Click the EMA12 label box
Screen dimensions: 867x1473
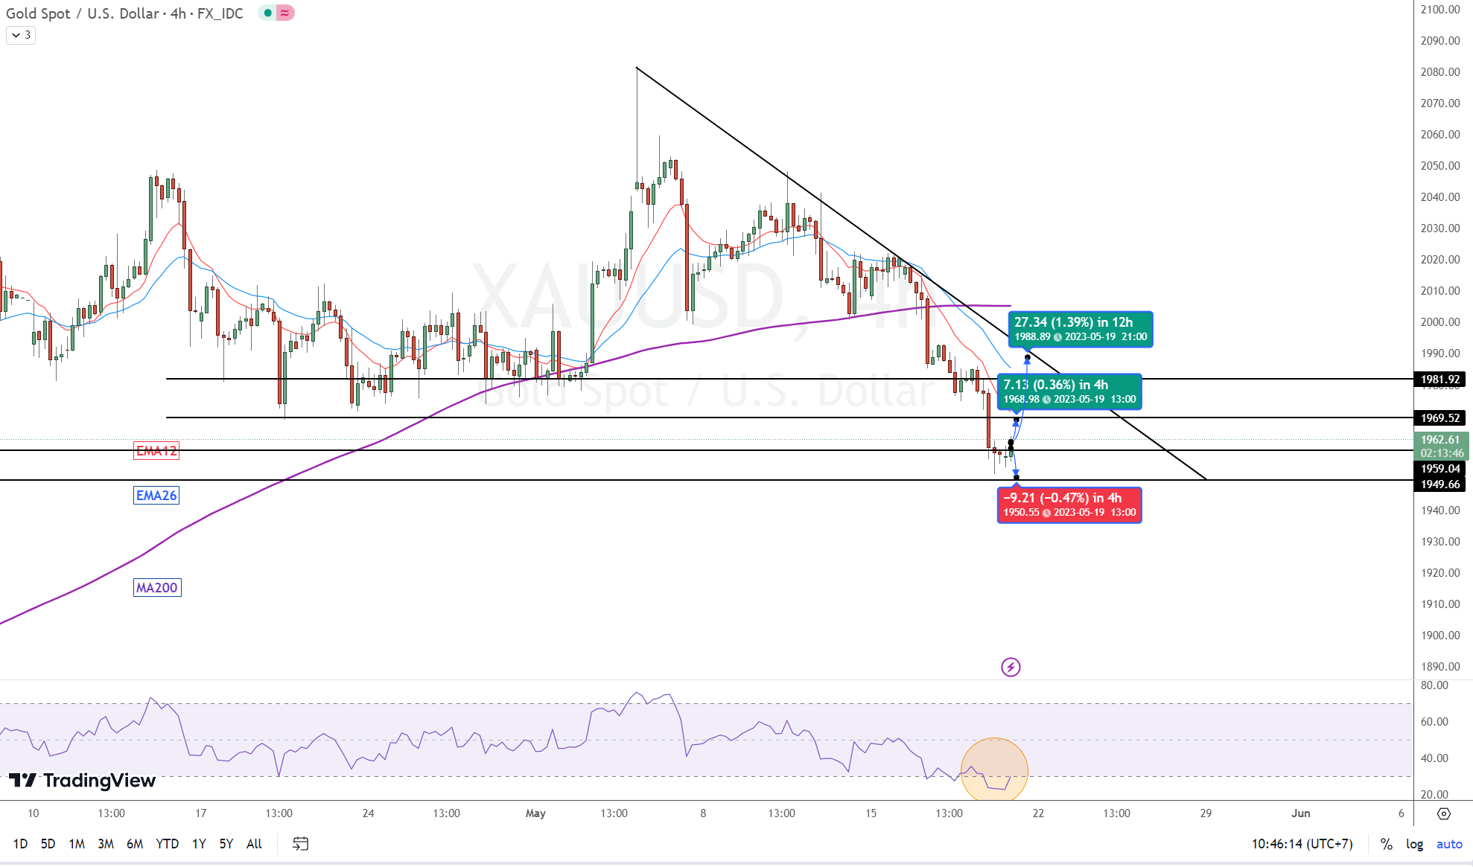[156, 451]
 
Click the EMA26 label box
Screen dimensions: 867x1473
[156, 496]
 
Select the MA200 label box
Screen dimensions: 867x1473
[157, 588]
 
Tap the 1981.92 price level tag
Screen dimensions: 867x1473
[1439, 380]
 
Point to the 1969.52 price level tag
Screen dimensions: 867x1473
[1439, 418]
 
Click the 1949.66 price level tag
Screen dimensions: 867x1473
[1439, 484]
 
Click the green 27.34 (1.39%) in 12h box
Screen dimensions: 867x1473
[1080, 329]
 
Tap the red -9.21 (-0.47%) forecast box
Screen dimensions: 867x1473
[1069, 505]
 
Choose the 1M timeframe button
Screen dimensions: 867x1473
[77, 844]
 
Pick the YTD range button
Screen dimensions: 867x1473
[167, 844]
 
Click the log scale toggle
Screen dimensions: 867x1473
[1414, 844]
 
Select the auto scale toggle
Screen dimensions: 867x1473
[1449, 844]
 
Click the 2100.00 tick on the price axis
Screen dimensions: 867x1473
[1439, 10]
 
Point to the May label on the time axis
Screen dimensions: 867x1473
[535, 813]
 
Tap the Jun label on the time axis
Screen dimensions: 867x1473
[1300, 813]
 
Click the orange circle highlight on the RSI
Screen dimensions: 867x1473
[994, 770]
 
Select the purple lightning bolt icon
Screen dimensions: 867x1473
[1011, 667]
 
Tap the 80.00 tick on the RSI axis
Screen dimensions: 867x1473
[1434, 685]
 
